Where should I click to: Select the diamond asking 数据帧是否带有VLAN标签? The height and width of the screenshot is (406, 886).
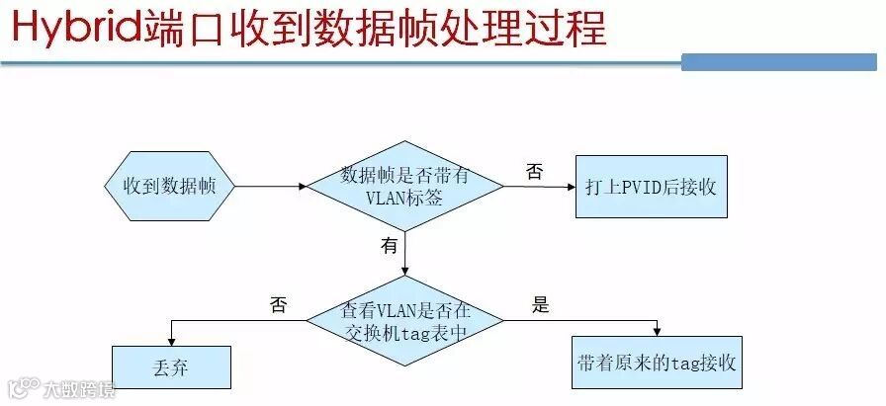pyautogui.click(x=404, y=186)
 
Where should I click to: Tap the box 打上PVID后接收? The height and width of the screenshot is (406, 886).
pyautogui.click(x=651, y=186)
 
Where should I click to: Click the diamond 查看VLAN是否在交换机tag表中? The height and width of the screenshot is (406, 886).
pyautogui.click(x=404, y=319)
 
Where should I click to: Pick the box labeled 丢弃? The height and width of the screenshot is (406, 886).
pyautogui.click(x=170, y=367)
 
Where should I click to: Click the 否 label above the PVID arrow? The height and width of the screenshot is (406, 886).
pyautogui.click(x=534, y=172)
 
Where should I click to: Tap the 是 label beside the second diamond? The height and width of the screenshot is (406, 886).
pyautogui.click(x=540, y=305)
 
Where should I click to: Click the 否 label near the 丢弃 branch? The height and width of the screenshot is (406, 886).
pyautogui.click(x=278, y=305)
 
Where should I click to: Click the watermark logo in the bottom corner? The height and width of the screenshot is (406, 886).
pyautogui.click(x=25, y=388)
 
